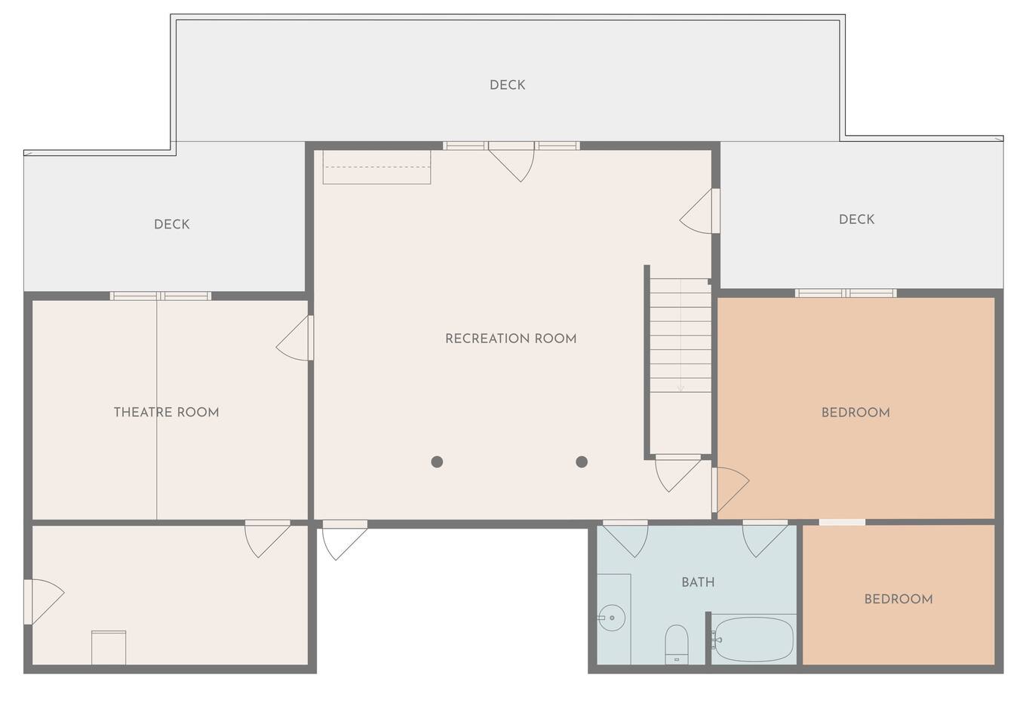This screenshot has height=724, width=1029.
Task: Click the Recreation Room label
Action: tap(511, 339)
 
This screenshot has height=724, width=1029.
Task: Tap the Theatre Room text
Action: tap(166, 413)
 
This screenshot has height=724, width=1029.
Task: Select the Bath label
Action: tap(698, 583)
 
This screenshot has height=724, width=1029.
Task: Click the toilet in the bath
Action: tap(677, 644)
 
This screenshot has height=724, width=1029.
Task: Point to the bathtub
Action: tap(753, 640)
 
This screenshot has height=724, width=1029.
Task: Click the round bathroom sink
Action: tap(611, 618)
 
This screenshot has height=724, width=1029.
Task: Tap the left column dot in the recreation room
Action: tap(437, 462)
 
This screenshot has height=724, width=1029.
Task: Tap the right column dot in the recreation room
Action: tap(582, 462)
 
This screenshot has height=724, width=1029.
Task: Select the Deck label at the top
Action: tap(507, 85)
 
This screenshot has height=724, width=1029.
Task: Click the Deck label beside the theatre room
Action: tap(171, 225)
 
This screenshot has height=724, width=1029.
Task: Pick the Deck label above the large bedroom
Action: tap(856, 219)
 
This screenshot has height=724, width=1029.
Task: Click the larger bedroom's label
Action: tap(855, 413)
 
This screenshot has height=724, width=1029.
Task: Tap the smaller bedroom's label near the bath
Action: tap(898, 599)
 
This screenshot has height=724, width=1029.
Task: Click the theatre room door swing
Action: tap(294, 338)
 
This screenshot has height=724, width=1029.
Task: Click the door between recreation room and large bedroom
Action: tap(730, 490)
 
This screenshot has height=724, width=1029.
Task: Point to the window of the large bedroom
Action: tap(846, 293)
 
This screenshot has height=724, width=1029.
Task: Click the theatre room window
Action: tap(161, 296)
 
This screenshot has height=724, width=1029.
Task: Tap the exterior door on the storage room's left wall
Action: tap(44, 602)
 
